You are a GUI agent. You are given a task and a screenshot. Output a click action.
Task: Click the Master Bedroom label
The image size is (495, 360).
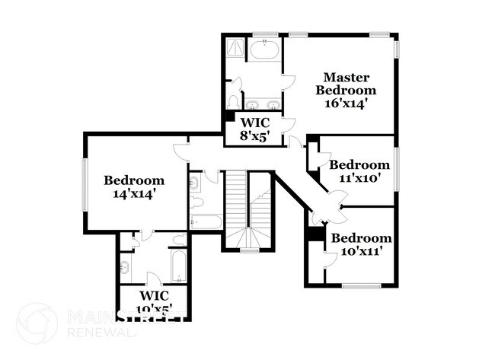pyautogui.click(x=346, y=84)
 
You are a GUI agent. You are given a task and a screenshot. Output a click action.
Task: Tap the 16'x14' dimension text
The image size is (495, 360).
pyautogui.click(x=347, y=104)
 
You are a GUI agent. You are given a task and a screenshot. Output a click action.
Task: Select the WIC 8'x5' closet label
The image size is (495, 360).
pyautogui.click(x=255, y=129)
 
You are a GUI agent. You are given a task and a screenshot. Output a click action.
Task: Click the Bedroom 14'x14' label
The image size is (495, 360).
pyautogui.click(x=134, y=187)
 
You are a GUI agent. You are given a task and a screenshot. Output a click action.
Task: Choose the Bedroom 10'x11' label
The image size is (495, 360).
pyautogui.click(x=361, y=244)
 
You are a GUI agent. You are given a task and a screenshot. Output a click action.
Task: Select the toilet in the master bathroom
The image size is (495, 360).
pyautogui.click(x=234, y=100)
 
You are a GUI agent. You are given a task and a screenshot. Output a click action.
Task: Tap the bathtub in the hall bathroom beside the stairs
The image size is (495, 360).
pyautogui.click(x=206, y=221)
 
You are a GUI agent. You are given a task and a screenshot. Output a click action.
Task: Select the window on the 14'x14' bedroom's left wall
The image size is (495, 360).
pyautogui.click(x=85, y=183)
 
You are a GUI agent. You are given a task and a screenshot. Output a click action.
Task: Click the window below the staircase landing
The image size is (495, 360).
pyautogui.click(x=249, y=250)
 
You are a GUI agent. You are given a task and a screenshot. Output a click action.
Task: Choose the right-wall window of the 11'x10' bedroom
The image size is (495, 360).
pyautogui.click(x=397, y=168)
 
